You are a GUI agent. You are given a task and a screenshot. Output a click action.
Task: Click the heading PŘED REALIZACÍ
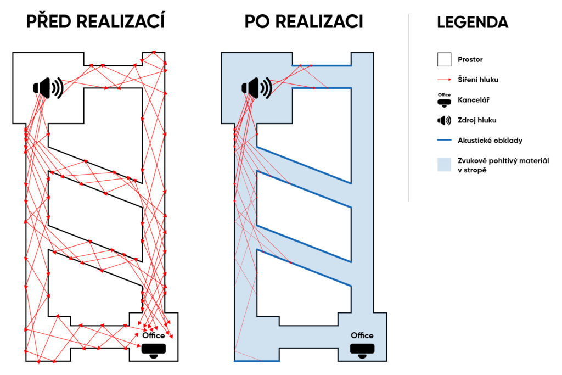click(95, 21)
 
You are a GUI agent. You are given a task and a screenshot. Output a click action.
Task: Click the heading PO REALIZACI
click(304, 21)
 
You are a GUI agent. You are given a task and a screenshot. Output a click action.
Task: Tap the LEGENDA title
click(473, 23)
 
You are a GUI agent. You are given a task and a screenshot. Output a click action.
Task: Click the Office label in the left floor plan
click(154, 335)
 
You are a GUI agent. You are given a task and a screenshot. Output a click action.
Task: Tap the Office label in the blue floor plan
click(362, 335)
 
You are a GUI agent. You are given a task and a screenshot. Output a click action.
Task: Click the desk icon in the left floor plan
click(154, 350)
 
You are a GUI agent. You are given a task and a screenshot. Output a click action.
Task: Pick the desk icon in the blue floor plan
click(362, 350)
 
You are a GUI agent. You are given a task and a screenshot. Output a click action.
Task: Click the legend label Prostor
click(470, 59)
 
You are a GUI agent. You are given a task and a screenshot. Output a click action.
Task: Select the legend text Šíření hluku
click(478, 80)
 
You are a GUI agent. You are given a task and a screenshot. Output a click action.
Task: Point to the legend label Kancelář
click(473, 100)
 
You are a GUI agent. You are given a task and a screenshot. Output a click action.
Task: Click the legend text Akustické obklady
click(490, 141)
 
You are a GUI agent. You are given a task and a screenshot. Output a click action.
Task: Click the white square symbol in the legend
click(444, 59)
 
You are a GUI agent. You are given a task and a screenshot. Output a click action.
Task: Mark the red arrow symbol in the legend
click(444, 80)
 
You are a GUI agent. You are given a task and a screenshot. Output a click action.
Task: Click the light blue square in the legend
click(444, 165)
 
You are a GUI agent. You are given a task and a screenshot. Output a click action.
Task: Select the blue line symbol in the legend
click(444, 141)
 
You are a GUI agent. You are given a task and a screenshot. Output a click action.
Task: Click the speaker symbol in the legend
click(444, 120)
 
